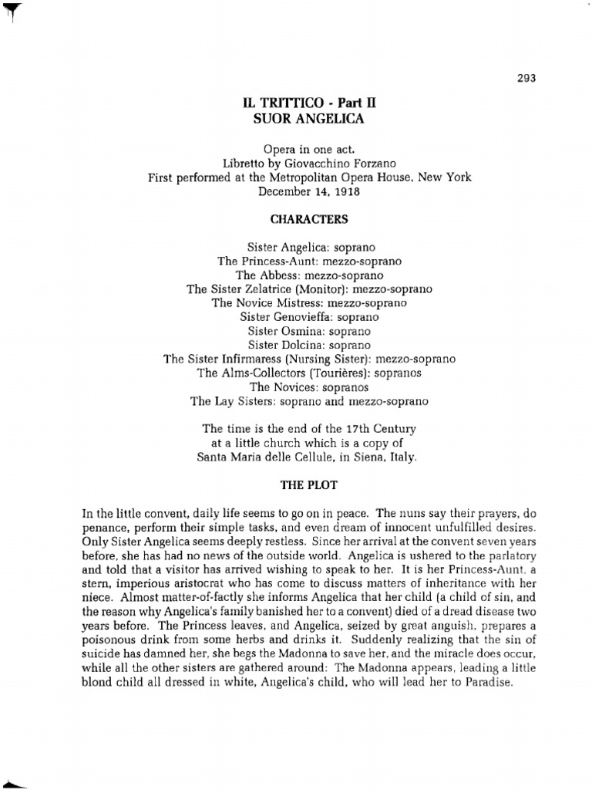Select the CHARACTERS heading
[309, 219]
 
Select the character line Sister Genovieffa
[309, 316]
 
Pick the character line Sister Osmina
[309, 330]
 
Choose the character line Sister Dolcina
[309, 345]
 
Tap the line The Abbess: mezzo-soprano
[309, 275]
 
